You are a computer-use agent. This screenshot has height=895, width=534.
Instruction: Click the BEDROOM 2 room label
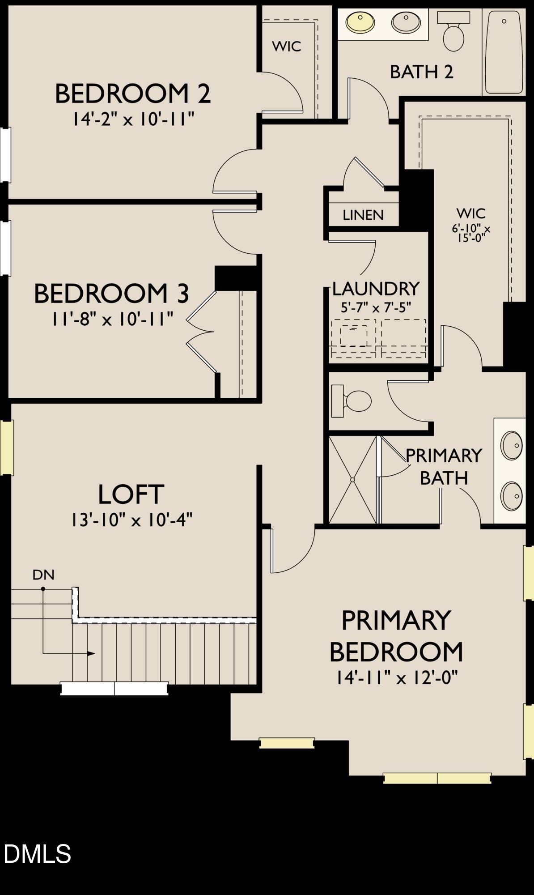[132, 94]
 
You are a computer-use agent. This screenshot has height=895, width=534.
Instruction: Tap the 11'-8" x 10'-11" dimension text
[112, 320]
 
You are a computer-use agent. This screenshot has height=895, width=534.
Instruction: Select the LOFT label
[131, 494]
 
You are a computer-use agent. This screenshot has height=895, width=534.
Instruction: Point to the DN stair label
[43, 575]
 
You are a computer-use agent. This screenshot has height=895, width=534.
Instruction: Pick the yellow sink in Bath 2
[360, 22]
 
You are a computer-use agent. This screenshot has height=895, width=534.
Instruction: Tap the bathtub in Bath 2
[504, 52]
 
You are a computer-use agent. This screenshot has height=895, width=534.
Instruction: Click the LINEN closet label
[363, 215]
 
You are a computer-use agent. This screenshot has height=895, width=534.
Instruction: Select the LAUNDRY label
[376, 289]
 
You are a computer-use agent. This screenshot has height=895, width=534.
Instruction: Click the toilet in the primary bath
[353, 401]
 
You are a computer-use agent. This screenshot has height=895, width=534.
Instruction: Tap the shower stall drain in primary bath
[352, 480]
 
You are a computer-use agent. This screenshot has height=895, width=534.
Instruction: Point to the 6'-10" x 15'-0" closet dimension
[471, 233]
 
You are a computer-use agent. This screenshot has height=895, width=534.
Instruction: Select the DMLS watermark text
[37, 853]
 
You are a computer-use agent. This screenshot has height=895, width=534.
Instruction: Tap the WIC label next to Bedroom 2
[286, 46]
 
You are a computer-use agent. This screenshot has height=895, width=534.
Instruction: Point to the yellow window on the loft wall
[7, 447]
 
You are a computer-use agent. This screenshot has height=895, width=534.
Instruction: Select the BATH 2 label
[421, 72]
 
